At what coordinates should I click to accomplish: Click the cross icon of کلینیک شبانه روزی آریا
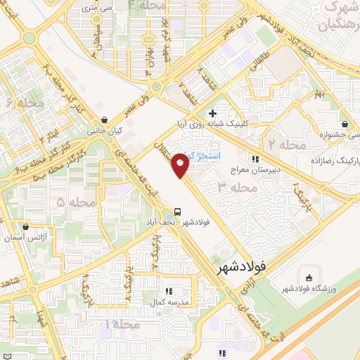(212, 113)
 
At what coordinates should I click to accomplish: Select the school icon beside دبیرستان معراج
(257, 160)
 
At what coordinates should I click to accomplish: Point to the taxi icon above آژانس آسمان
(27, 228)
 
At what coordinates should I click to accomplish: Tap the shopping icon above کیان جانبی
(104, 120)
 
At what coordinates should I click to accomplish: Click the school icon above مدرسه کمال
(169, 290)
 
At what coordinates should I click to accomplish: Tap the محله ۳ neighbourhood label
(233, 187)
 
